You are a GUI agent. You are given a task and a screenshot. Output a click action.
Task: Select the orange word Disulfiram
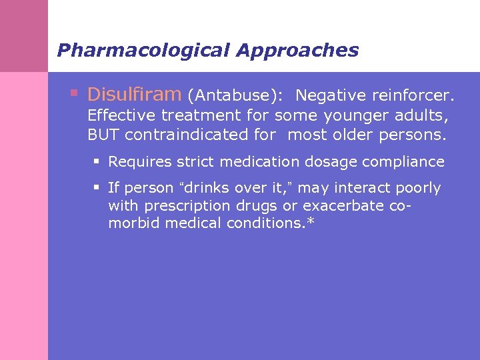(x=134, y=94)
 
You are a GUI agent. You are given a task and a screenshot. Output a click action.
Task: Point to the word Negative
(x=331, y=95)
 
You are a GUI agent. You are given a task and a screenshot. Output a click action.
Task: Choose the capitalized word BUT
(x=103, y=134)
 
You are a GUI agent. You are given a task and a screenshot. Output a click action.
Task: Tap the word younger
(x=353, y=115)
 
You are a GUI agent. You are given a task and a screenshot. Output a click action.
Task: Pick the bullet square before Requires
(x=97, y=161)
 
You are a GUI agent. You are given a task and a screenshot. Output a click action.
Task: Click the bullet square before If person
(x=97, y=188)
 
